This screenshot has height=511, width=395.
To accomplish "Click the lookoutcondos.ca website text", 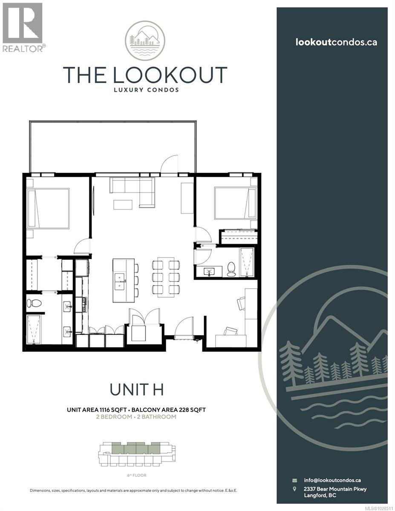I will pos(336,42).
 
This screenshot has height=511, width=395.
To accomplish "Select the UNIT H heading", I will pos(136,389).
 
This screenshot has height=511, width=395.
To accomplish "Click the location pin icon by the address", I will pos(294,489).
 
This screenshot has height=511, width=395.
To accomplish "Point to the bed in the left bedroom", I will pos(48,208).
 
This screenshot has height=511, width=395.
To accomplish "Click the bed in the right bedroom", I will pos(231,202).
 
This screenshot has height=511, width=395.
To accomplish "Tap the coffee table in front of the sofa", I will pos(123,204).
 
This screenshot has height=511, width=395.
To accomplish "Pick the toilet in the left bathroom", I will pos(34,303).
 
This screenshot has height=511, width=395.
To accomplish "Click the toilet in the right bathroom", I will pos(231,269).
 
